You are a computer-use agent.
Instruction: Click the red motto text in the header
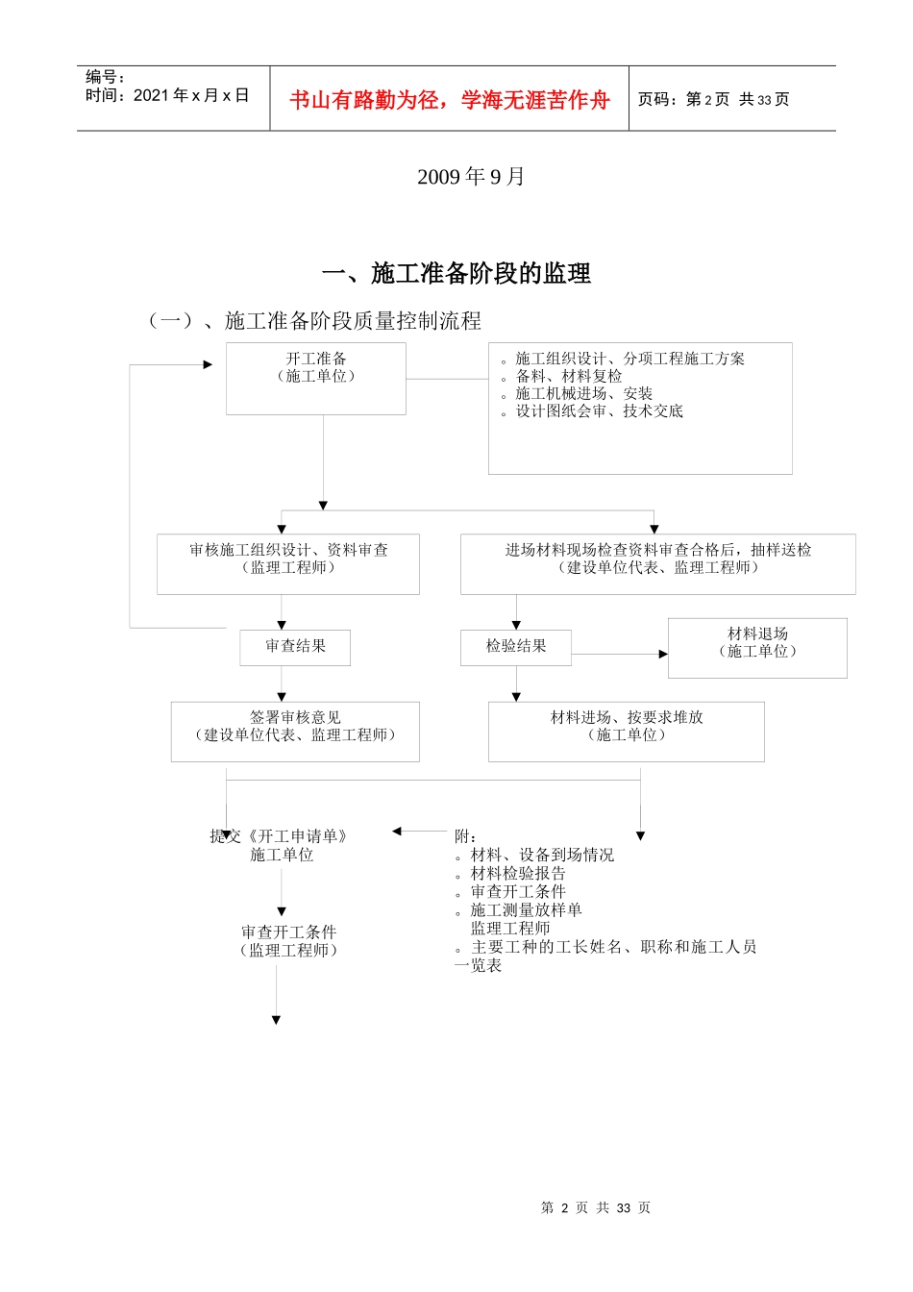[x=450, y=100]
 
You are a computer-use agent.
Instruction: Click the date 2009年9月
[x=471, y=177]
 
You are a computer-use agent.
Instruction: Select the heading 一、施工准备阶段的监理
[x=456, y=274]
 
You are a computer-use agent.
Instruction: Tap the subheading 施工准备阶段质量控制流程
[x=353, y=321]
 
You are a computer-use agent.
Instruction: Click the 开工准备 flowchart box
[x=316, y=378]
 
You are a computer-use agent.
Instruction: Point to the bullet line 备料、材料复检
[x=568, y=376]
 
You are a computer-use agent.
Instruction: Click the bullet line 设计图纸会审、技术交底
[x=599, y=410]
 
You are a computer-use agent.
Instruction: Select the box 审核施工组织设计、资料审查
[x=288, y=563]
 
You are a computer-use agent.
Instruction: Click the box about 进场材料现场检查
[x=657, y=563]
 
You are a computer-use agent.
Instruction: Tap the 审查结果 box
[x=295, y=647]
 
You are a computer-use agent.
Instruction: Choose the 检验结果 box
[x=516, y=647]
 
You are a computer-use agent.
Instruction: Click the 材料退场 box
[x=757, y=647]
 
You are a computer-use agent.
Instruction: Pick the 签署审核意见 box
[x=295, y=731]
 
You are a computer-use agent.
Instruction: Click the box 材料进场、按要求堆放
[x=626, y=731]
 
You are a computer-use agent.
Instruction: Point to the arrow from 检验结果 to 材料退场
[x=619, y=654]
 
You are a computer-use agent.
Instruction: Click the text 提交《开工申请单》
[x=279, y=836]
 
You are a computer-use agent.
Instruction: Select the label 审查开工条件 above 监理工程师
[x=288, y=932]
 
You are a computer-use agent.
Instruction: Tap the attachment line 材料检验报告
[x=518, y=873]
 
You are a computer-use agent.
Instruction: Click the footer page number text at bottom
[x=596, y=1207]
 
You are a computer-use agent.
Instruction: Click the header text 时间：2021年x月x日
[x=167, y=95]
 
